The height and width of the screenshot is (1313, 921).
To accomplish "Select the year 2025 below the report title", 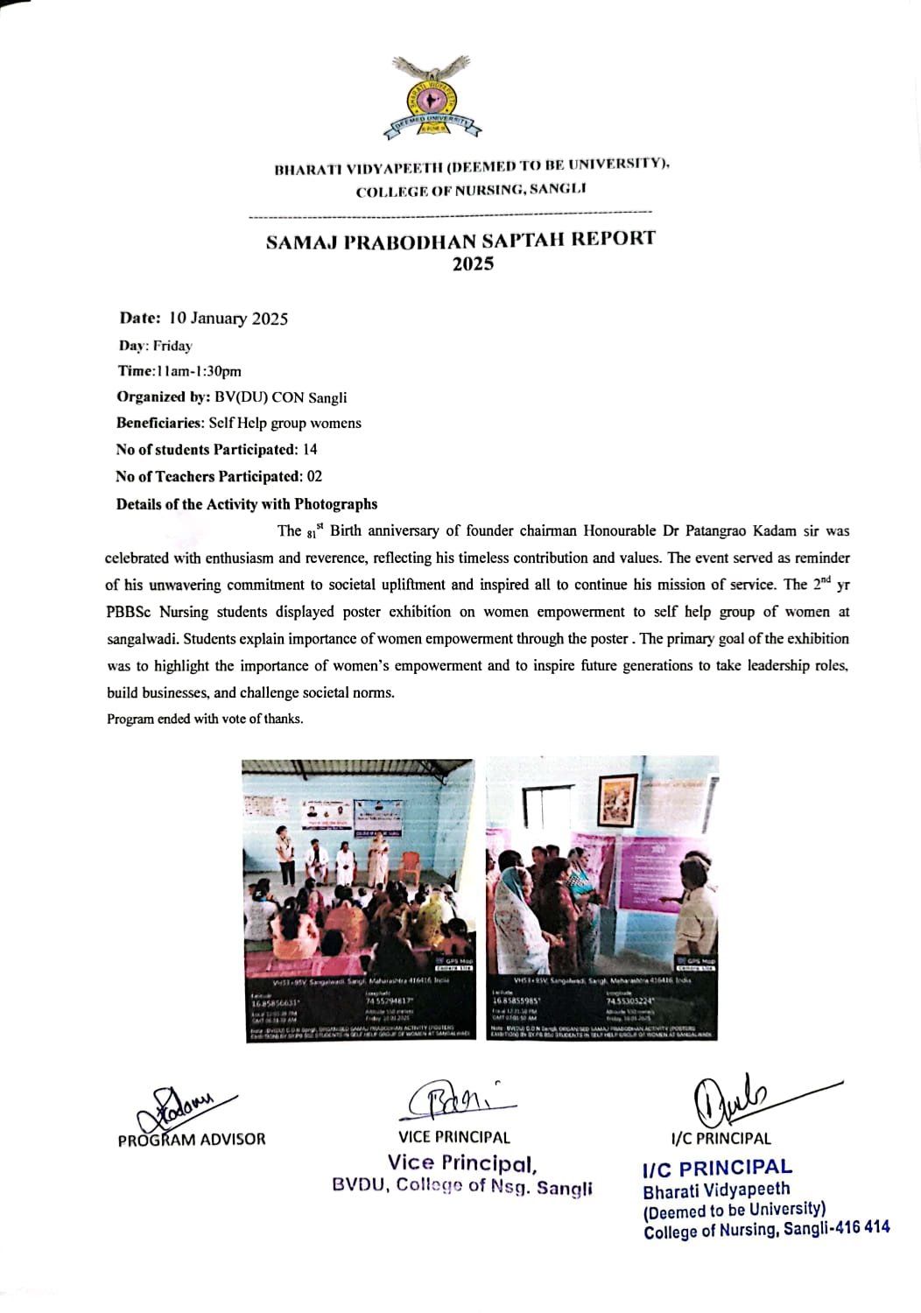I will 473,264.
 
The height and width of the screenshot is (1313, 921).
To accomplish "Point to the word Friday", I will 172,346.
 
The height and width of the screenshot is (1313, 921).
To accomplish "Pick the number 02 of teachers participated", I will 313,477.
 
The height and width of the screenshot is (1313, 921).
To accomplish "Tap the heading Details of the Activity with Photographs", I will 247,504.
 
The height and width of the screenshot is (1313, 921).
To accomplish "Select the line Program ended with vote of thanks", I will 205,720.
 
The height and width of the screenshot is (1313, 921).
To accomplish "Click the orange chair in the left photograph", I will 410,869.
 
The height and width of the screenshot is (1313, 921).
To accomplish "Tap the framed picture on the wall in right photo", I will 619,798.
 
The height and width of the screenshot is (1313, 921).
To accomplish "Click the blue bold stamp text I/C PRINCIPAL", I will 717,1168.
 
